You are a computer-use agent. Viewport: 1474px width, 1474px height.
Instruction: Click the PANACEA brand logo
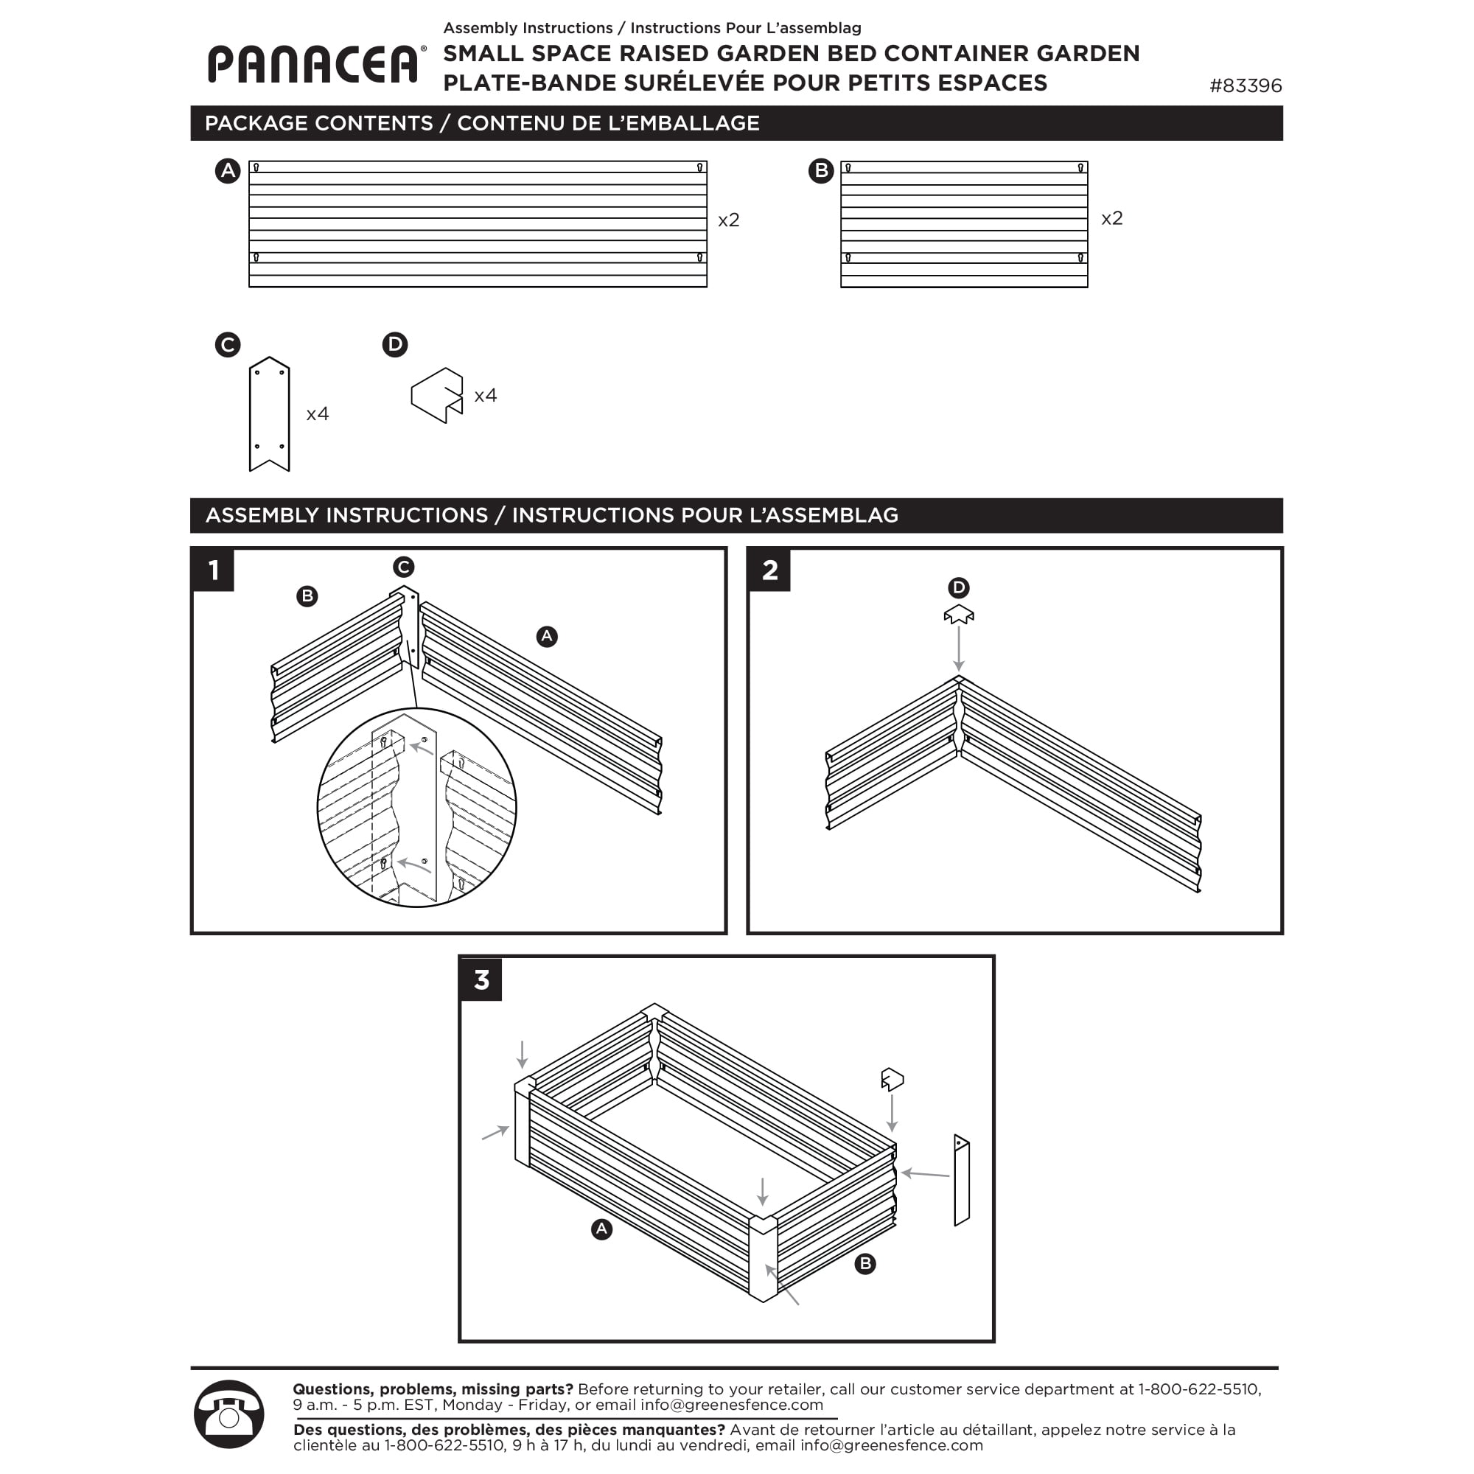(x=313, y=64)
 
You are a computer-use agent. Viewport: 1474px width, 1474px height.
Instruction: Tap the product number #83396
(x=1245, y=85)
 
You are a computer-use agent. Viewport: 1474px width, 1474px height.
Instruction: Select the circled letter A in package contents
(x=227, y=170)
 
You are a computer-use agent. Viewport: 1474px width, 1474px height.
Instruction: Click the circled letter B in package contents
(x=821, y=170)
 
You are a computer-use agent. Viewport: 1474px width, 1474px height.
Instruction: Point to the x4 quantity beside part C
(x=318, y=414)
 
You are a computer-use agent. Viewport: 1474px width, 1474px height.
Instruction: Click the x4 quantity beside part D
(x=485, y=396)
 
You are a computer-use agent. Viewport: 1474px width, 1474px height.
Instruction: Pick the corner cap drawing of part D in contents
(x=437, y=395)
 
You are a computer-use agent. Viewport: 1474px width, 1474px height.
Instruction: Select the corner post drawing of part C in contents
(x=269, y=414)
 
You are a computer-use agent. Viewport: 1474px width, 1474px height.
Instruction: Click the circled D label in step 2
(x=959, y=587)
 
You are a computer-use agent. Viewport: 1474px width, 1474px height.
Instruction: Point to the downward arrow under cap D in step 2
(x=959, y=649)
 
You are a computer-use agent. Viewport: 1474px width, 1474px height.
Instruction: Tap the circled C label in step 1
(x=404, y=567)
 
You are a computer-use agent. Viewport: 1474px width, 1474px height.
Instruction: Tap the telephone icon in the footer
(x=229, y=1414)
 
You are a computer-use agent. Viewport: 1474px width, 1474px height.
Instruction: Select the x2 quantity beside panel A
(x=729, y=220)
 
